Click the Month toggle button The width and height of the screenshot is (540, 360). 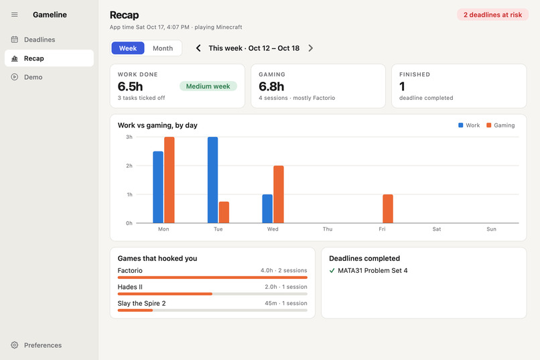point(163,48)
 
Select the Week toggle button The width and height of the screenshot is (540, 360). point(128,48)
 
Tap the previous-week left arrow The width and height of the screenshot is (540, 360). point(198,48)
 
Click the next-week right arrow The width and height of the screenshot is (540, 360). point(311,48)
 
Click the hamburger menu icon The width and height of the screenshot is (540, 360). point(15,15)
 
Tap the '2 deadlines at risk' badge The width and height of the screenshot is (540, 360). point(492,15)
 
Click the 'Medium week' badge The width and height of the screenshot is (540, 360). point(208,86)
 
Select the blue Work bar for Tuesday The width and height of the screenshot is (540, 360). point(213,180)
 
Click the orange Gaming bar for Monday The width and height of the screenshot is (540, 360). point(170,180)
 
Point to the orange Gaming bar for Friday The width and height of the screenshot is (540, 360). point(388,208)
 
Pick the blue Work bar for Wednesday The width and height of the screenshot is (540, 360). point(267,208)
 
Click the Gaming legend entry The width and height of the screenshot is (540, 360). point(500,125)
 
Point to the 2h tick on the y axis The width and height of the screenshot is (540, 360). point(129,166)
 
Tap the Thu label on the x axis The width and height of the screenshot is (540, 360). point(328,229)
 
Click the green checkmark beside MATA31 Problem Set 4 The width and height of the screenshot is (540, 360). point(332,271)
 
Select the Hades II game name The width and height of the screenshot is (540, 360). point(130,287)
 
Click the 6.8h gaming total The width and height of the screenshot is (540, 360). point(271,86)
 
